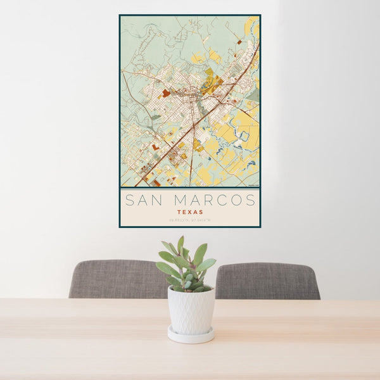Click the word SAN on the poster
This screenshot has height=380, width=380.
click(x=143, y=201)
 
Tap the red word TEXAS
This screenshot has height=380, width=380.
click(x=190, y=212)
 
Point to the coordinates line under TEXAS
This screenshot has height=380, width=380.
click(x=190, y=220)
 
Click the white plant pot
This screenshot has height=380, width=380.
click(x=191, y=310)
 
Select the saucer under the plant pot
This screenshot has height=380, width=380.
click(x=191, y=335)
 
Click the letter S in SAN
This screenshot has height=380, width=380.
click(x=129, y=201)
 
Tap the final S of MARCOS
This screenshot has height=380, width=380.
click(x=251, y=201)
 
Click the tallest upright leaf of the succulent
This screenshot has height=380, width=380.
click(x=180, y=245)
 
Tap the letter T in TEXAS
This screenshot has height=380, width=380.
click(x=179, y=212)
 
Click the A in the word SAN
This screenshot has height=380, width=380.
click(x=143, y=201)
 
